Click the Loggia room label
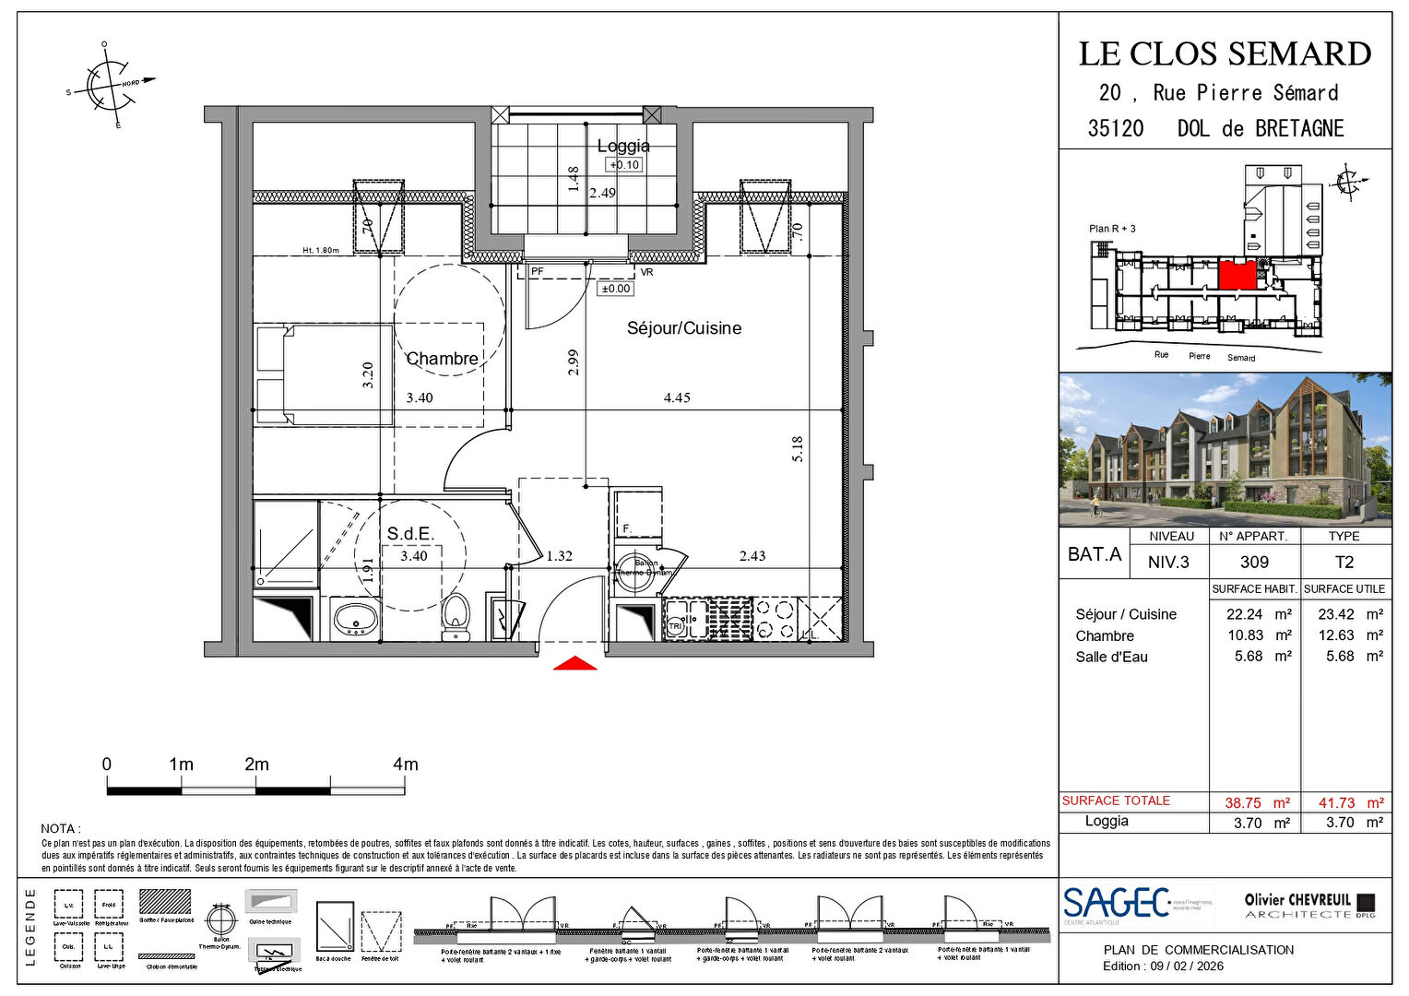623,146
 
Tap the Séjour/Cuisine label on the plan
683,328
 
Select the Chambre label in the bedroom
442,359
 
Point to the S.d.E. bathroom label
410,534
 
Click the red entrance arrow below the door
574,663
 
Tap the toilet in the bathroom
456,617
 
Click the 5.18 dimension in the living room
798,449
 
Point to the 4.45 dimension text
677,398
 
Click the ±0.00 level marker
615,289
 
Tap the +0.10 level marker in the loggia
623,165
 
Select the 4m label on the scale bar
405,765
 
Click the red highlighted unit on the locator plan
1237,275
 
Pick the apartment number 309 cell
1254,563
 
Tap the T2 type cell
1344,563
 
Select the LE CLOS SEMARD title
1225,54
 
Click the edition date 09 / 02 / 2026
1186,966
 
